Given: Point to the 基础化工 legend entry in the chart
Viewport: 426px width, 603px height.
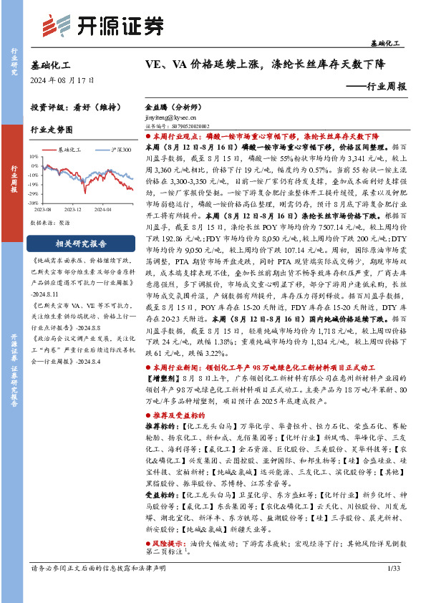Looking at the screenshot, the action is [68, 150].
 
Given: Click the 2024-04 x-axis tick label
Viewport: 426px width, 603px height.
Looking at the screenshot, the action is [102, 209].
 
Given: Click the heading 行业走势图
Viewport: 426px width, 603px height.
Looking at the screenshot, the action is [52, 130].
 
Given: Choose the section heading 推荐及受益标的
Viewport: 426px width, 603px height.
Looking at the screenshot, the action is [176, 415].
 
